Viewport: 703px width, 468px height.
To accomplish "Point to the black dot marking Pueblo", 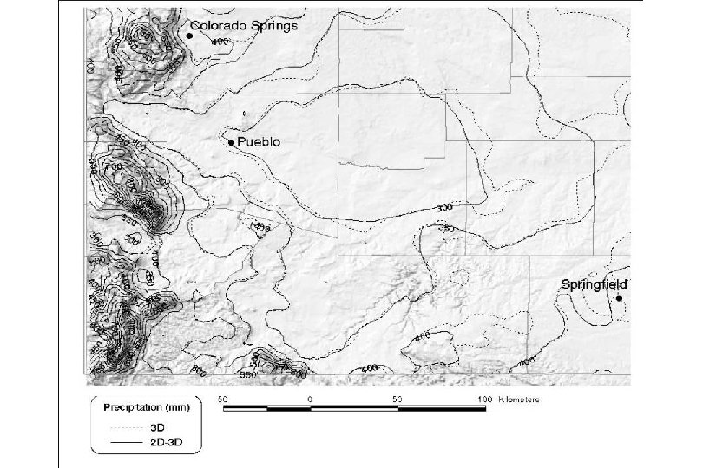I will pos(231,141).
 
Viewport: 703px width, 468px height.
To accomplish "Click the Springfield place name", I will pos(594,284).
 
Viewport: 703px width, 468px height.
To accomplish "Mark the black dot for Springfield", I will pos(619,298).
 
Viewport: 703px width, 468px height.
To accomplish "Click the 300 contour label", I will pos(446,208).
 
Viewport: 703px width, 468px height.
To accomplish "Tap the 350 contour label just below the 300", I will pos(448,227).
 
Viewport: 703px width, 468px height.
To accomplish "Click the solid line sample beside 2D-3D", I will pos(124,443).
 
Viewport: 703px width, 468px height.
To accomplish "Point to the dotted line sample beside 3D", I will pos(124,426).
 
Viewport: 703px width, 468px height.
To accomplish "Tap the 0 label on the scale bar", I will pos(310,399).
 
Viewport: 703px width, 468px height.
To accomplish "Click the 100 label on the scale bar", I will pos(484,399).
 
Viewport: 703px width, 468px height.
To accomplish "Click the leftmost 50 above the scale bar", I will pos(222,399).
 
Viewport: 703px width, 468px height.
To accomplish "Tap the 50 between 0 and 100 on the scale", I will pos(397,399).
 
